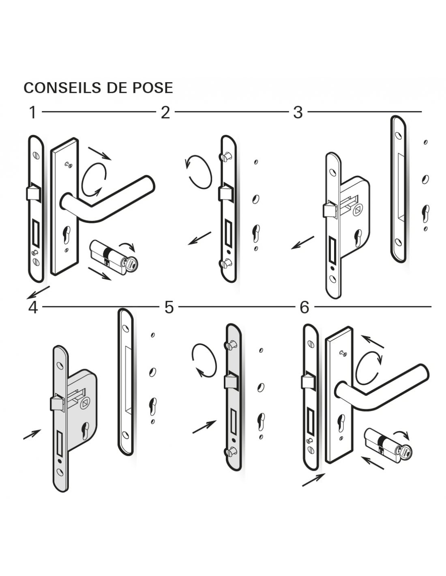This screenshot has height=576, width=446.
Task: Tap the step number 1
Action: tap(33, 113)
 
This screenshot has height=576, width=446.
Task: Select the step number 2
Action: tap(165, 113)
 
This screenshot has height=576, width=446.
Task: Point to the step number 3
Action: tap(298, 113)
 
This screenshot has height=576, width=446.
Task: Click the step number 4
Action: tap(33, 307)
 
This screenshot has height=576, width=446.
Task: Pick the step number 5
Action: tap(169, 307)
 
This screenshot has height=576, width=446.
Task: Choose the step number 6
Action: tap(304, 307)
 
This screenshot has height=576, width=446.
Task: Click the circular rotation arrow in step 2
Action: tap(197, 172)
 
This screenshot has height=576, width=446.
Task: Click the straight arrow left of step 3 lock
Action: tap(302, 243)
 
